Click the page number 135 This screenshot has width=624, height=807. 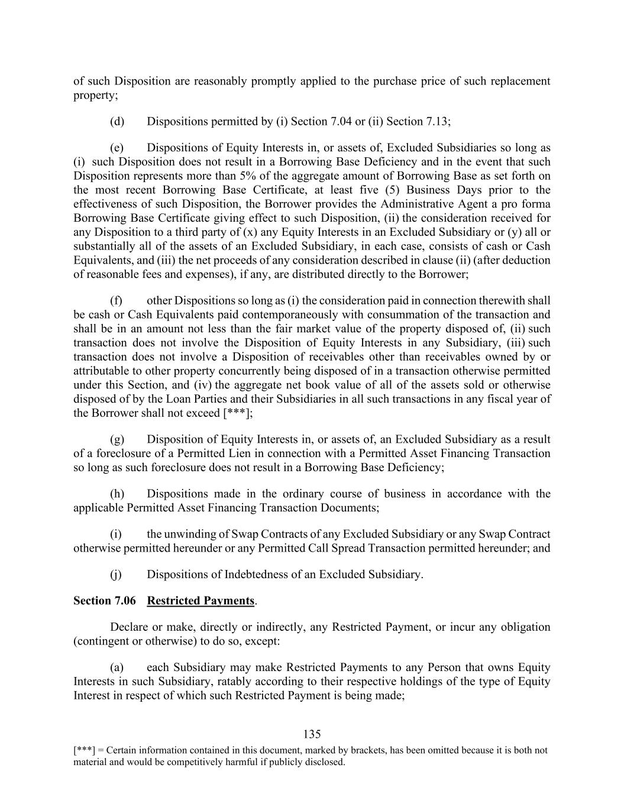click(312, 734)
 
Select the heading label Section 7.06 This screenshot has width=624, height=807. click(104, 601)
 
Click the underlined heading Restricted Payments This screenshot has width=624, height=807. click(201, 601)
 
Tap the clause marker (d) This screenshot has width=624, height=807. click(117, 122)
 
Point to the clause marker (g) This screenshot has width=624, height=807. click(117, 440)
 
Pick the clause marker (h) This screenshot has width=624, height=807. click(117, 494)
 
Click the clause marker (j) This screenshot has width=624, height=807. click(116, 575)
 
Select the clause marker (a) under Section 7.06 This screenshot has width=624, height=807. click(117, 667)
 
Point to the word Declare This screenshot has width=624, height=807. click(130, 627)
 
